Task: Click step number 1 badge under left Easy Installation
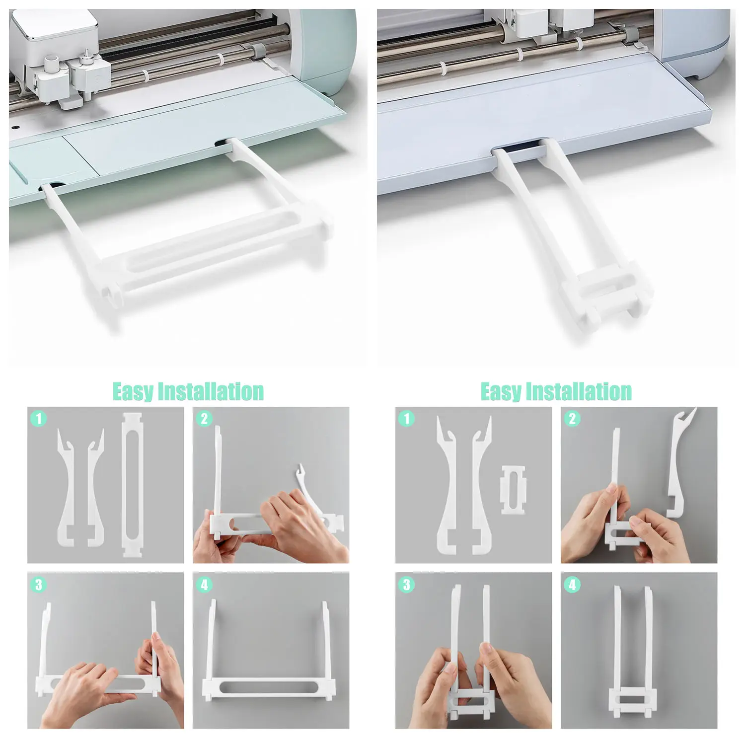[39, 418]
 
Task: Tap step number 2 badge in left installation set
[204, 419]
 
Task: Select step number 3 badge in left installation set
[39, 585]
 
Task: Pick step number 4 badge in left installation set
[204, 585]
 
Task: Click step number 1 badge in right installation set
[407, 418]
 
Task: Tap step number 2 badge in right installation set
[572, 419]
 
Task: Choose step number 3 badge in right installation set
[407, 585]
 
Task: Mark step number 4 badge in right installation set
[572, 585]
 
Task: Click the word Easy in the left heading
[133, 392]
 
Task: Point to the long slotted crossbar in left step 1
[132, 484]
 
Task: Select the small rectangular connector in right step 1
[513, 489]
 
